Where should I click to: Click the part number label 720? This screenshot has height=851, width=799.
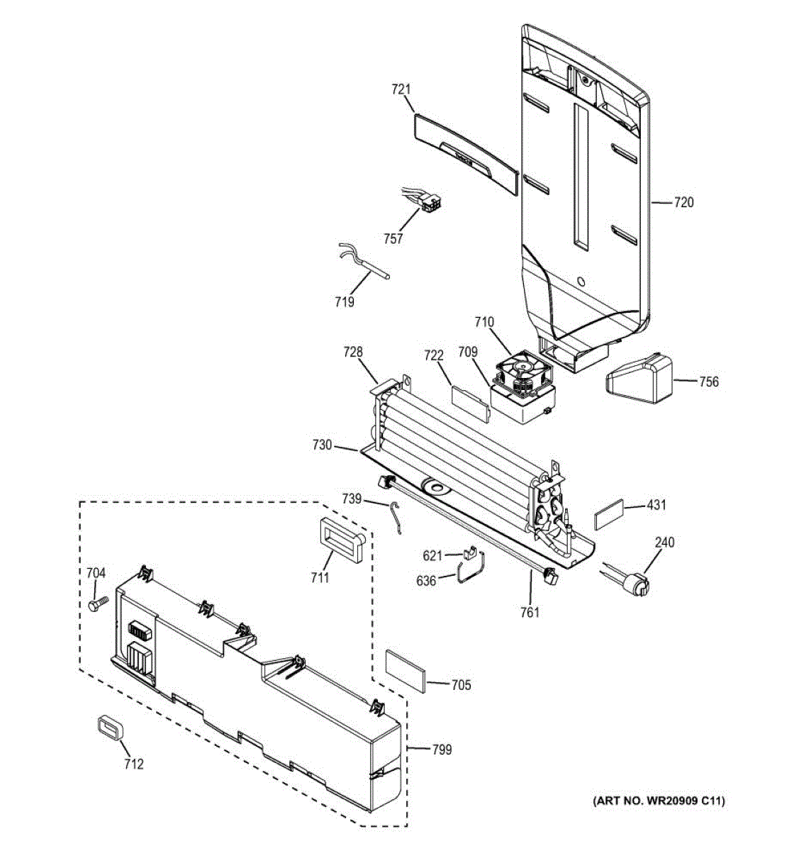[683, 203]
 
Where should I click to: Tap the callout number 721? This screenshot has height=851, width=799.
[401, 89]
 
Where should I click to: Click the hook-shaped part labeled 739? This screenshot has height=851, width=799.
[398, 516]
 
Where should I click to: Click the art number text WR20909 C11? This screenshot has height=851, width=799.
[658, 801]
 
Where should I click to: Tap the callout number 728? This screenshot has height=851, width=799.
[353, 352]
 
